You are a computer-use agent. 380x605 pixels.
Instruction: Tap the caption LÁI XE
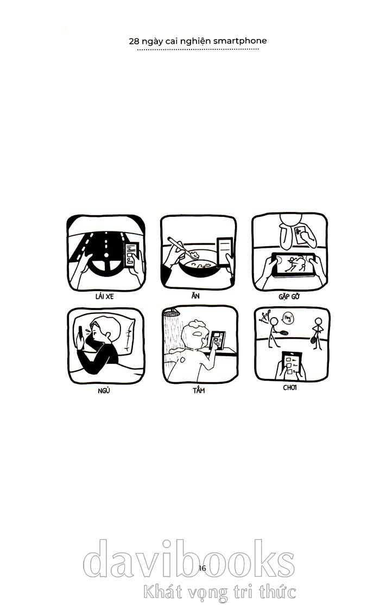pos(104,297)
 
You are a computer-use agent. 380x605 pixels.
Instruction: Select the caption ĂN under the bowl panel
pos(195,295)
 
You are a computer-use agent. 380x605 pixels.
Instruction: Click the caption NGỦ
pos(104,390)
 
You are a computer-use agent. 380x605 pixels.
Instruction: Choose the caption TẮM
pos(199,390)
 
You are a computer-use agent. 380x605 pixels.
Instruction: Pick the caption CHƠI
pos(290,388)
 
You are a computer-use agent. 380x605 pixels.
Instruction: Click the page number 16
pos(202,568)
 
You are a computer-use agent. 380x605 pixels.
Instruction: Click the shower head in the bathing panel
pos(171,312)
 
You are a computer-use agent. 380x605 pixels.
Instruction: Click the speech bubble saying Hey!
pos(288,318)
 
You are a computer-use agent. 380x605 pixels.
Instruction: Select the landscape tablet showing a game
pos(294,265)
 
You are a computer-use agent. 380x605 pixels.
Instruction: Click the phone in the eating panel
pos(225,252)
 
